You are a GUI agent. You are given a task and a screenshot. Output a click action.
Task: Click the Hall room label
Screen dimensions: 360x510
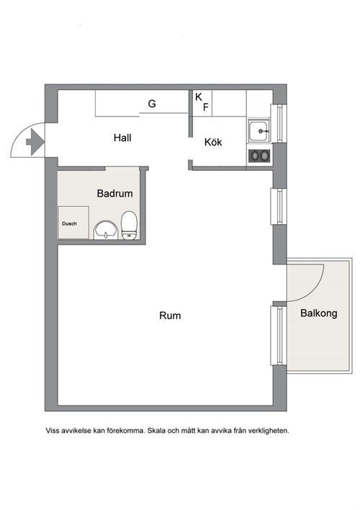coord(122,138)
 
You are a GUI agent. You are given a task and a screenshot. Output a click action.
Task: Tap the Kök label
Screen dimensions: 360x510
coord(213,142)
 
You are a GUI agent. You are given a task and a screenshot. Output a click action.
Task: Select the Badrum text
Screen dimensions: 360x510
coord(114,194)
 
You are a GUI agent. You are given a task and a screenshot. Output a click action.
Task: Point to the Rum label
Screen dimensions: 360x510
coord(170,316)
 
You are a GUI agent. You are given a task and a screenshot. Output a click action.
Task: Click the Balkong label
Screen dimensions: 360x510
coord(319,313)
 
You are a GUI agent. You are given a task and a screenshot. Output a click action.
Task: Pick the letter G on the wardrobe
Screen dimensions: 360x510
coord(152,104)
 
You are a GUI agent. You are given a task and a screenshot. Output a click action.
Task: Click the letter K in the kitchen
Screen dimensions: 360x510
coord(199,97)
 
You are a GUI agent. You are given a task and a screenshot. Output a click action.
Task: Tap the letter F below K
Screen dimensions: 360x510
coord(205,107)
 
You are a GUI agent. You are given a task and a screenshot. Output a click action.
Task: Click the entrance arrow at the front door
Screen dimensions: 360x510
coord(35,141)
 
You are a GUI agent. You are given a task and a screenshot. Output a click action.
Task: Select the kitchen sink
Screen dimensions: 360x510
coord(259,131)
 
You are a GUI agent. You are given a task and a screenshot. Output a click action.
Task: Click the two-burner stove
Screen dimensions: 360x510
coord(259,156)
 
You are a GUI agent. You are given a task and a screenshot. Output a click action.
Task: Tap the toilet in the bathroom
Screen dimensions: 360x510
coord(129,225)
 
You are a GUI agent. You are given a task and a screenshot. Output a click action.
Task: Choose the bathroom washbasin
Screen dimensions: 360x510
coord(106,231)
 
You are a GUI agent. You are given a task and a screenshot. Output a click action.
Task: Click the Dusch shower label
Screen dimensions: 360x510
coord(69,224)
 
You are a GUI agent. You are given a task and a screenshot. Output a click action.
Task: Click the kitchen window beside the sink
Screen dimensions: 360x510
coord(279,123)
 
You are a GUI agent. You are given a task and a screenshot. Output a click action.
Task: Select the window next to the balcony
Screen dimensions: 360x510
coord(279,336)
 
